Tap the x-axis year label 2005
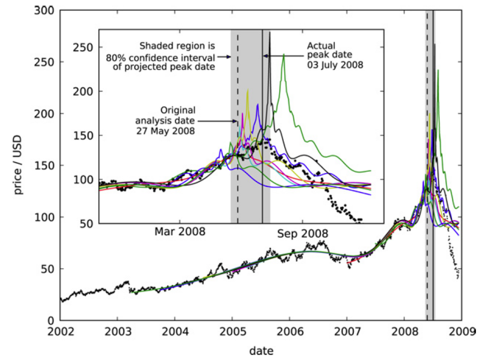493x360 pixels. (232, 332)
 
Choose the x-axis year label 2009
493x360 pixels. (461, 332)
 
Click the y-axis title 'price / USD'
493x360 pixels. (18, 164)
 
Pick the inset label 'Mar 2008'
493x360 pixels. (180, 232)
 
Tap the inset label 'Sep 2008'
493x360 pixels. (302, 233)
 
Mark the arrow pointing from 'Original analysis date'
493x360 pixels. (217, 121)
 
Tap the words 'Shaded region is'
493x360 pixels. (177, 46)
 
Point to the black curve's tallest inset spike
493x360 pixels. (270, 32)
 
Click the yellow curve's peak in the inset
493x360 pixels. (248, 90)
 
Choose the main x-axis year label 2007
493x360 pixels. (347, 332)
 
